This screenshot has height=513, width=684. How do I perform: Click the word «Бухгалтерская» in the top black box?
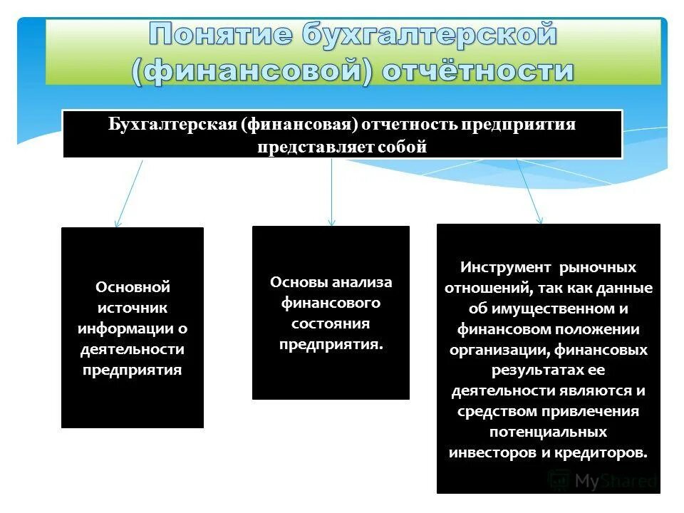[x=172, y=125]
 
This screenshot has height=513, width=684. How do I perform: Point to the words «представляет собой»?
[x=342, y=147]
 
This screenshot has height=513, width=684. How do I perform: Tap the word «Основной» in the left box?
[x=133, y=287]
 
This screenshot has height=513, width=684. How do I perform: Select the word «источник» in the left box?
[x=133, y=308]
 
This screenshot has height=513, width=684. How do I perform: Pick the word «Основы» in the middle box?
[x=298, y=282]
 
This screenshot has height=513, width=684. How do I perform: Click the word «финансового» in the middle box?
[x=331, y=303]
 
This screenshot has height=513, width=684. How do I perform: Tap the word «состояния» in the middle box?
[x=331, y=323]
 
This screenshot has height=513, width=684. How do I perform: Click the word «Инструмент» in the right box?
[x=505, y=267]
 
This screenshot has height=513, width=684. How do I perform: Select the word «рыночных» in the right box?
[x=598, y=267]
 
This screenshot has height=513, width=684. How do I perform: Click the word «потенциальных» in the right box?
[x=548, y=432]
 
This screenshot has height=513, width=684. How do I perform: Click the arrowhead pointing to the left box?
[x=118, y=224]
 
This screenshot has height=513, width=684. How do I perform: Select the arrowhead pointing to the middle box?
[x=331, y=222]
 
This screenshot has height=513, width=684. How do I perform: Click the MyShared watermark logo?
[x=602, y=480]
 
